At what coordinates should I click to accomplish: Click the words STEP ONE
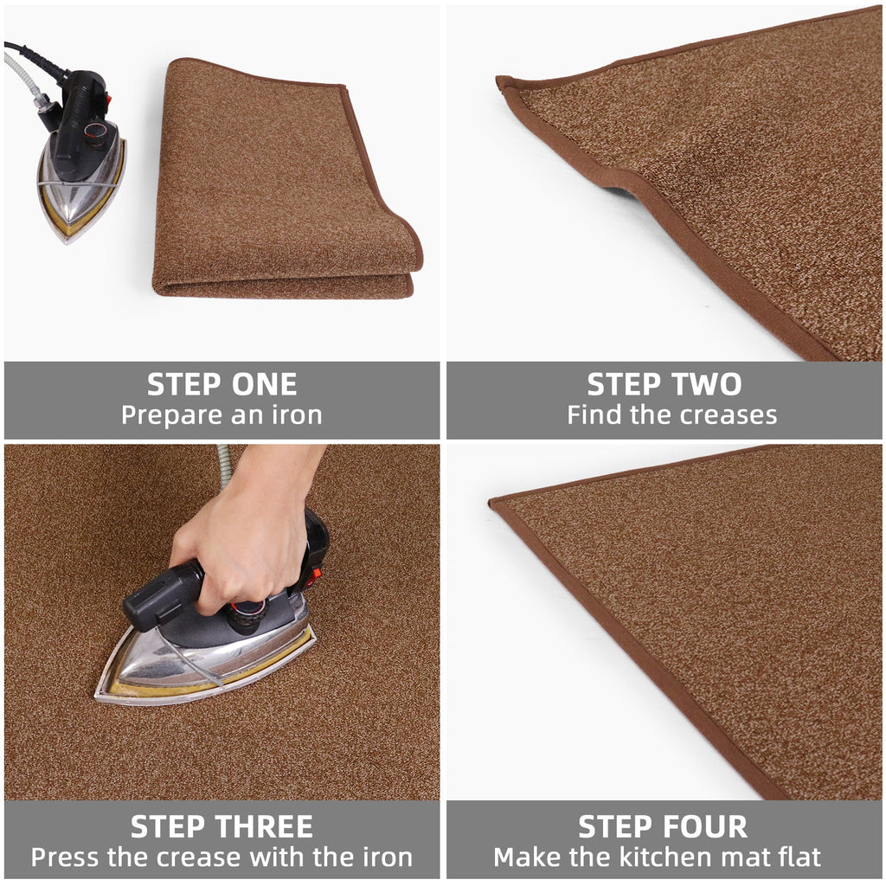point(221,384)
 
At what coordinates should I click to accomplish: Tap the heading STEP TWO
point(664,384)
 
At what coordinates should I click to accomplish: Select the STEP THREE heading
point(221,826)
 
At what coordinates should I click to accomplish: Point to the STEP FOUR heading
point(664,826)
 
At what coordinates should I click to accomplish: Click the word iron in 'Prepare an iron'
point(295,415)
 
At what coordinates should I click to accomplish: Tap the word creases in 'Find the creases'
point(727,415)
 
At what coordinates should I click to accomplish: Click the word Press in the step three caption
point(65,857)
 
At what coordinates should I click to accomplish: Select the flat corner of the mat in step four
point(496,502)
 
